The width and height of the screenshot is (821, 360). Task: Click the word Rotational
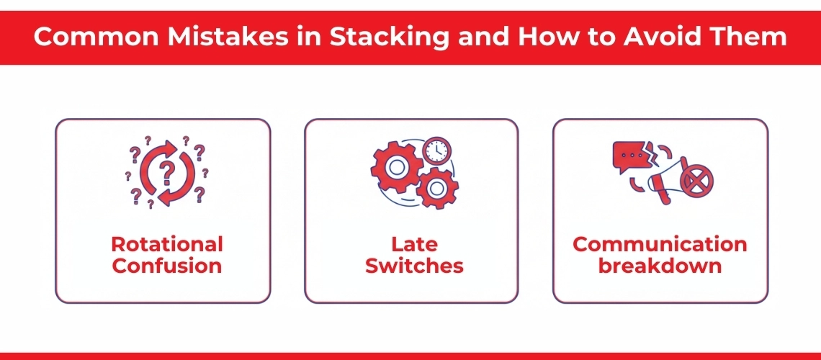pos(167,244)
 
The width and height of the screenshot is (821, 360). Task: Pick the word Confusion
pos(167,266)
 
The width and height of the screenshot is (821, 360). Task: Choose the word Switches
pos(414,266)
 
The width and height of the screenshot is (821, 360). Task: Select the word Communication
pos(660,244)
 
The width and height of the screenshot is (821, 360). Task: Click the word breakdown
pos(660,266)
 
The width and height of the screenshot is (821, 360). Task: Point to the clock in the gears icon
pos(436,150)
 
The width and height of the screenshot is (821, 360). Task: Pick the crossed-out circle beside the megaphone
pos(696,179)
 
